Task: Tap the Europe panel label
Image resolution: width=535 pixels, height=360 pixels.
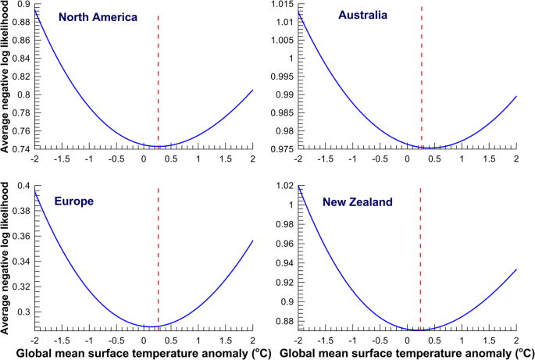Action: click(x=74, y=201)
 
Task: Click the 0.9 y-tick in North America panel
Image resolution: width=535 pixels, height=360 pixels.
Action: click(x=24, y=5)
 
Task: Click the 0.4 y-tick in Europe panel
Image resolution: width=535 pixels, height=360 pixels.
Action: click(x=24, y=186)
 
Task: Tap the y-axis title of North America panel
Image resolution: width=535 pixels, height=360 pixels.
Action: click(x=6, y=76)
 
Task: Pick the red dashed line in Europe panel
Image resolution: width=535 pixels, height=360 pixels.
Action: click(x=159, y=258)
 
